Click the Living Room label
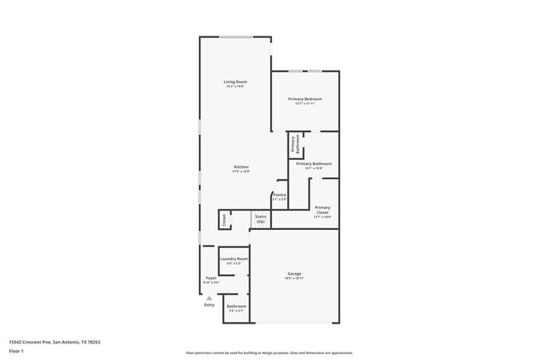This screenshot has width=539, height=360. (236, 82)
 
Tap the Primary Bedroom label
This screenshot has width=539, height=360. (305, 100)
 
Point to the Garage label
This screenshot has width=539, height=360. (294, 275)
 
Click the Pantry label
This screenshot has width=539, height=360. (279, 197)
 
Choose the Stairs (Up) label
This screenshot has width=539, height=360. (260, 219)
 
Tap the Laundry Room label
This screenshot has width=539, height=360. (234, 260)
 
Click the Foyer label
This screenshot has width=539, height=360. (211, 279)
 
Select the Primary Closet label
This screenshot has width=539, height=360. (323, 210)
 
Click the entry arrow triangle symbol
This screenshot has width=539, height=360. (209, 297)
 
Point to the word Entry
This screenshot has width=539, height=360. (209, 304)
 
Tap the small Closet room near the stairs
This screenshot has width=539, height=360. (223, 220)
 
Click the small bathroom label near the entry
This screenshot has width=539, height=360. (236, 308)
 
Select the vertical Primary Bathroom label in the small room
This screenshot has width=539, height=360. (296, 144)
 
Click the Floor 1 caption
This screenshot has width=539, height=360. (17, 351)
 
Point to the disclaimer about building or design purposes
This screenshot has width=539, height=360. (269, 353)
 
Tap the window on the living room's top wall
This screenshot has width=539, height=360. (236, 36)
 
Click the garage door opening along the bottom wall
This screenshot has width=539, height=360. (294, 323)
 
